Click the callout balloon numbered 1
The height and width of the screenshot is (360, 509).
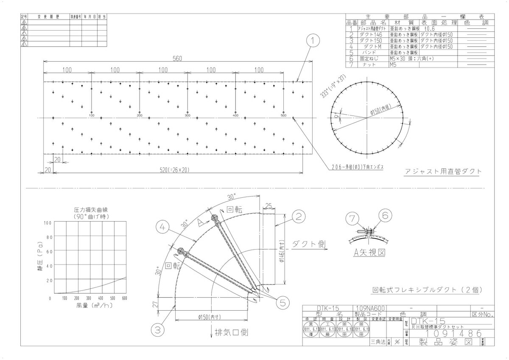point(312,41)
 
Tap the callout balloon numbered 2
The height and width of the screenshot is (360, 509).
point(299,217)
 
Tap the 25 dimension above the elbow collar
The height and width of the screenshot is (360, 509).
point(269,206)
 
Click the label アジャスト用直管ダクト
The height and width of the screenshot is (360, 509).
point(443,172)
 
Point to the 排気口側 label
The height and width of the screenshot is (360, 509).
point(232,332)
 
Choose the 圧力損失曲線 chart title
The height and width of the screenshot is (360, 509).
point(90,210)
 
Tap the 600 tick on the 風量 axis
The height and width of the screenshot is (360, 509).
point(124,298)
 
